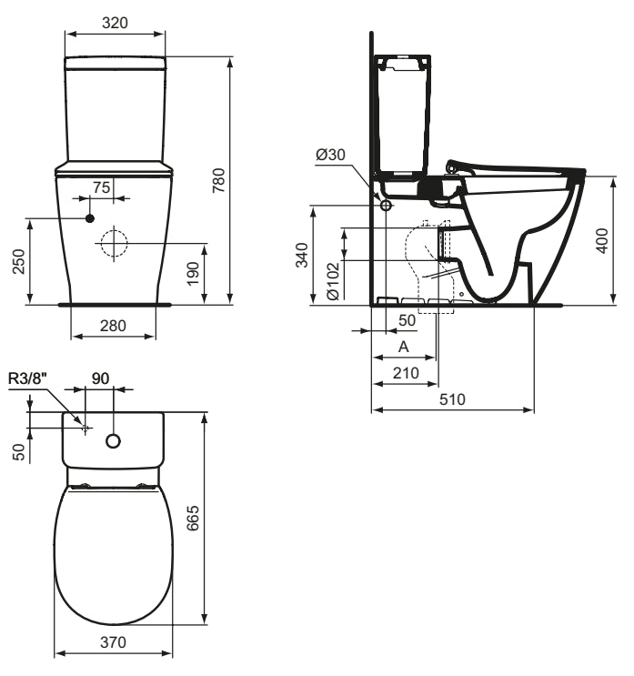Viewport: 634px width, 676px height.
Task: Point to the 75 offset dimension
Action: [101, 186]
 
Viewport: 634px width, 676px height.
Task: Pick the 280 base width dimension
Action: [113, 325]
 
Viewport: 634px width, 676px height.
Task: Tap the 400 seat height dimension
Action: [602, 240]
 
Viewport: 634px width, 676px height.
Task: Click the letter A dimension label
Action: [404, 348]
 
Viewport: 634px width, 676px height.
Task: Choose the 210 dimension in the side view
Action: [406, 372]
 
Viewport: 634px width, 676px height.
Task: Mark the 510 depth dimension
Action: [452, 399]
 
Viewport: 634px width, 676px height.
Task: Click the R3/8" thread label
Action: [27, 378]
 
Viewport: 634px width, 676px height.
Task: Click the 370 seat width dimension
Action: [113, 642]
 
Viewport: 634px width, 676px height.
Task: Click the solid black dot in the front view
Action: [89, 218]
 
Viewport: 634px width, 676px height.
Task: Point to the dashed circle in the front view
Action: [114, 243]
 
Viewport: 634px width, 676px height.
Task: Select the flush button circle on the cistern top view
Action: [114, 441]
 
